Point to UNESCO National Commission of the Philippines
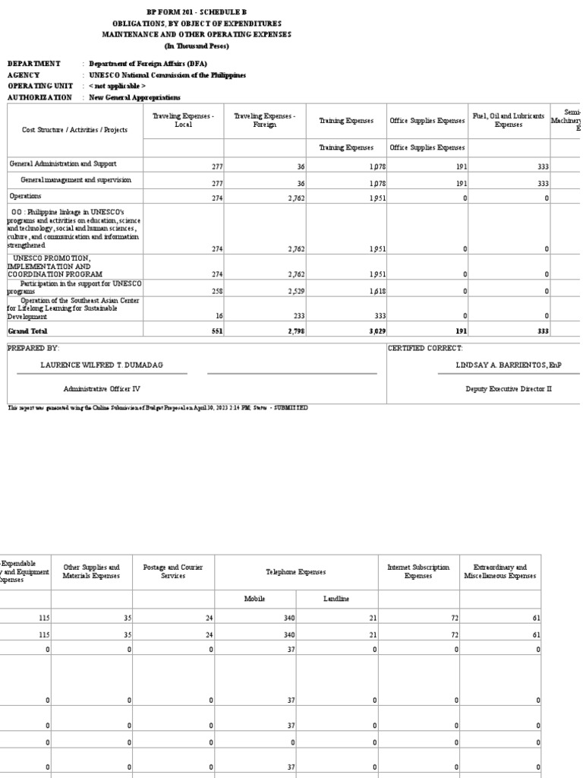coord(167,75)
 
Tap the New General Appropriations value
coord(134,97)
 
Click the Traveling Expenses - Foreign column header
coord(265,120)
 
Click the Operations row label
coord(25,196)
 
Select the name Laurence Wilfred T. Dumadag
coord(101,365)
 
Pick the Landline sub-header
coord(336,599)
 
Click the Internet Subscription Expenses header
coord(418,571)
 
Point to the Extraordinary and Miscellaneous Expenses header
coord(499,571)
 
